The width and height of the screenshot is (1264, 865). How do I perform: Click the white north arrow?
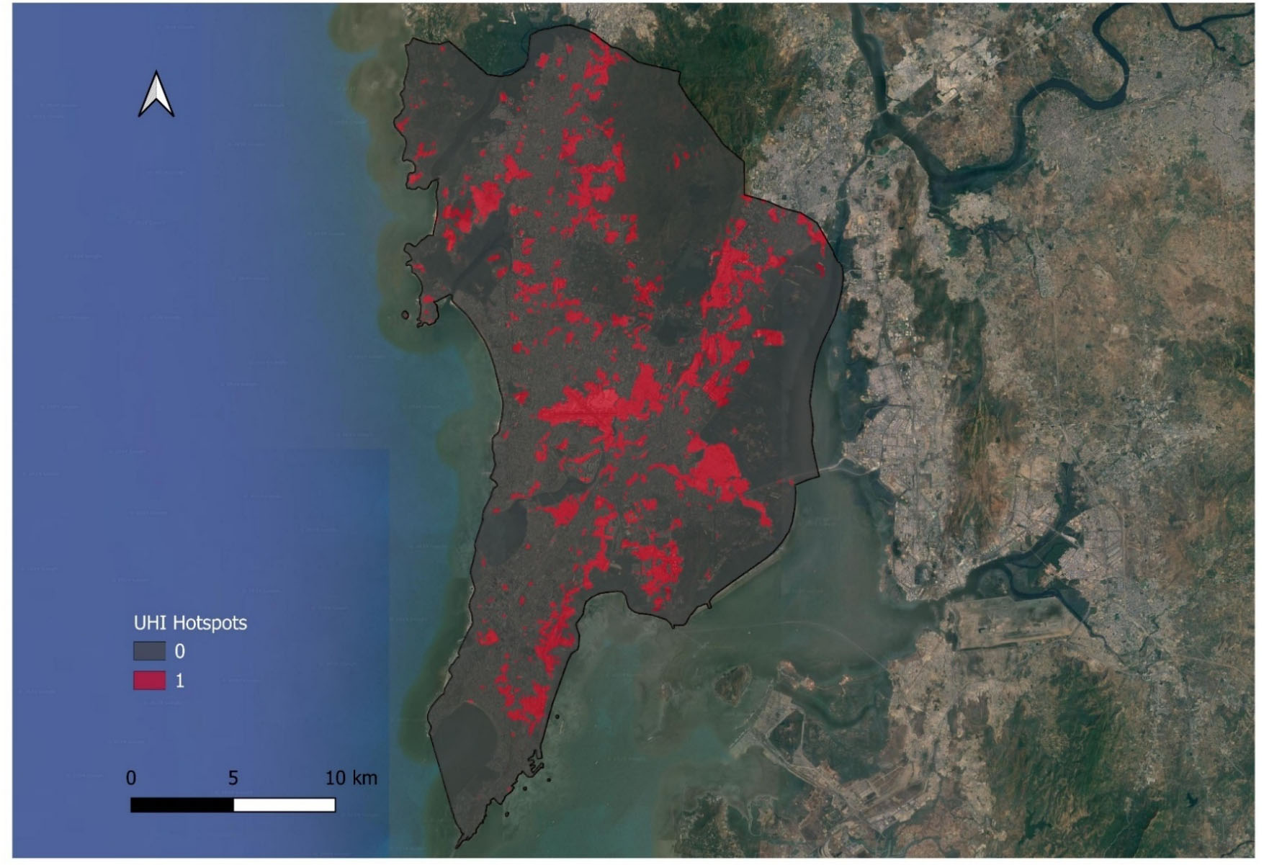tap(156, 94)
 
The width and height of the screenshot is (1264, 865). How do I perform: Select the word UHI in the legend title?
tap(149, 623)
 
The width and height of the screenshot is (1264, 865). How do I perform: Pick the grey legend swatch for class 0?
tap(149, 651)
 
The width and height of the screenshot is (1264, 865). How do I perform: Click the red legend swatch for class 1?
tap(149, 680)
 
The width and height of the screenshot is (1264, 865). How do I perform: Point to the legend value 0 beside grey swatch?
tap(180, 652)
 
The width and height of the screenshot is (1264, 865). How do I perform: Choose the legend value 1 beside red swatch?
tap(180, 681)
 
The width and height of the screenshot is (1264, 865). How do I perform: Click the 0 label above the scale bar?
tap(131, 778)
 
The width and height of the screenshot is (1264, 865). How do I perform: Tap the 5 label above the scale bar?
tap(233, 778)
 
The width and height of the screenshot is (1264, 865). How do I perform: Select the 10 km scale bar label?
tap(351, 778)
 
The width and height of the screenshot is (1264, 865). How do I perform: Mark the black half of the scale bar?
tap(182, 805)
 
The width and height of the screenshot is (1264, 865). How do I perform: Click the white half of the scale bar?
tap(284, 805)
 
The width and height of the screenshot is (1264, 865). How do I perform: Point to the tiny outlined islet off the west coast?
tap(405, 315)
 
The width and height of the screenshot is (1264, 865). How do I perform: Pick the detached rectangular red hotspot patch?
tap(770, 336)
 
